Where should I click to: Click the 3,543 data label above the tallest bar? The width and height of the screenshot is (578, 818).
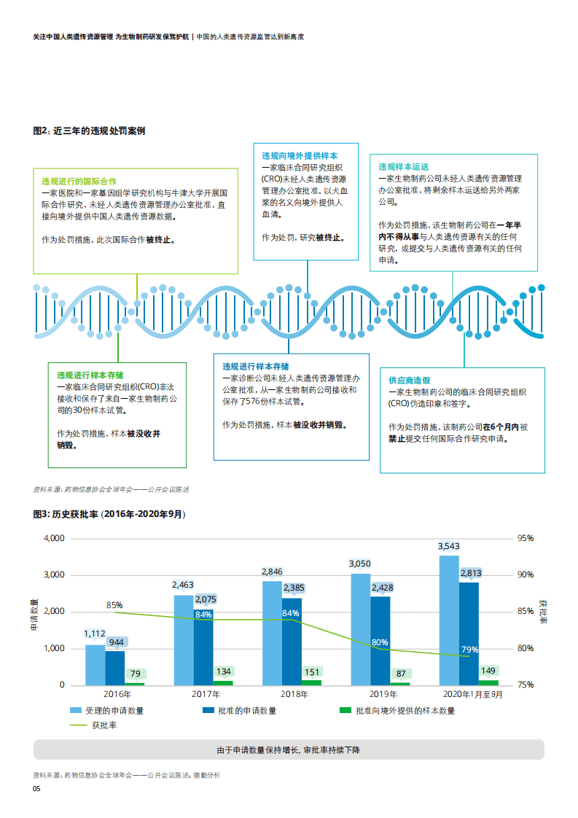[448, 546]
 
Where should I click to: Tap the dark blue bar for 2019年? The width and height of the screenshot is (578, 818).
[380, 641]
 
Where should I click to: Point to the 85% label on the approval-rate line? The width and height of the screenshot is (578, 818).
[114, 605]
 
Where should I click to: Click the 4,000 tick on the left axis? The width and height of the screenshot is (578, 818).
[55, 538]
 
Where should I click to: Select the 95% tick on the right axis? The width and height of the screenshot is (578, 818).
[526, 538]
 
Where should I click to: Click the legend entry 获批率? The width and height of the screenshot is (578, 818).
[105, 725]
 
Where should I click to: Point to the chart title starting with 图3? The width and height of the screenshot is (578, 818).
[109, 514]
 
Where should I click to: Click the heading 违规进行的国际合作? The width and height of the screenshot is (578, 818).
[79, 180]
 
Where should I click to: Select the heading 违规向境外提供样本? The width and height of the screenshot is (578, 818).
[300, 156]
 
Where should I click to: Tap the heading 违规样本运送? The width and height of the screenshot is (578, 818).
[403, 166]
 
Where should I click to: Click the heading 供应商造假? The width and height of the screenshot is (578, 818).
[409, 381]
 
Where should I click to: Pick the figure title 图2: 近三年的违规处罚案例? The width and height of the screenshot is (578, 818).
[89, 131]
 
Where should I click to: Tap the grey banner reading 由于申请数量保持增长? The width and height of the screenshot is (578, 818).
[289, 749]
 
